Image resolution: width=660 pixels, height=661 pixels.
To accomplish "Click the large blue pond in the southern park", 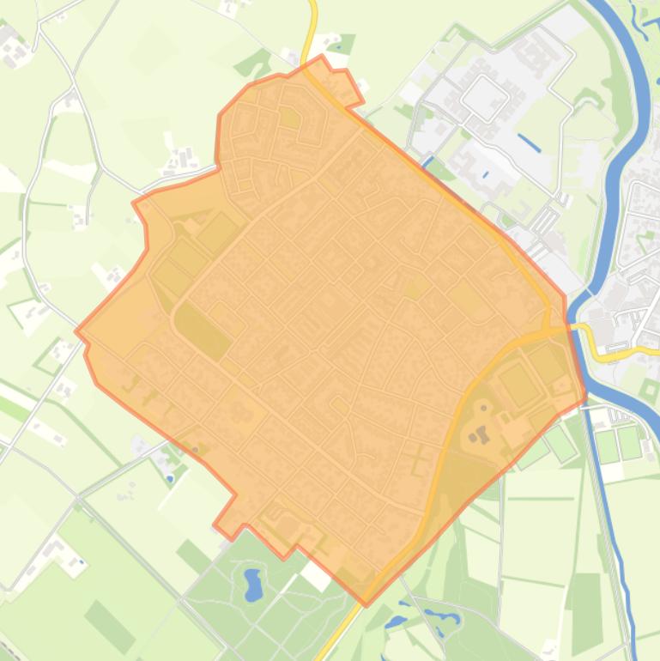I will coord(252,585).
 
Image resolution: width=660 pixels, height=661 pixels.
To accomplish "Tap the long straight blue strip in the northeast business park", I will coord(529,143).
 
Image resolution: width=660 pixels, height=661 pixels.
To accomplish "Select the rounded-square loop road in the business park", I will coord(484,96).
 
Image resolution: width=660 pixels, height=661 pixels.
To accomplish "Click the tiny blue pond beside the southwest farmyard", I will coord(81,563).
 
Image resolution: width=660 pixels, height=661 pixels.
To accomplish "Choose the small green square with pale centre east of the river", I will coord(649,391).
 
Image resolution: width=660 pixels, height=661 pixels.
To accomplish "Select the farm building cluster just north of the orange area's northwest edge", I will coord(181,159).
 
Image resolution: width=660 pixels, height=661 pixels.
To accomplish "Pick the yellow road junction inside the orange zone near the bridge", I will coord(548,327).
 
